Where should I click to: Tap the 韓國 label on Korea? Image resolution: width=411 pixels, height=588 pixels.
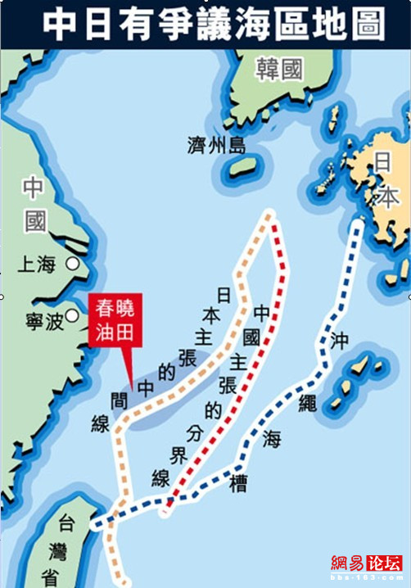click(x=279, y=69)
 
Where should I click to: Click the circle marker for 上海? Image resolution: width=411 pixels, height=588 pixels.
click(x=73, y=264)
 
